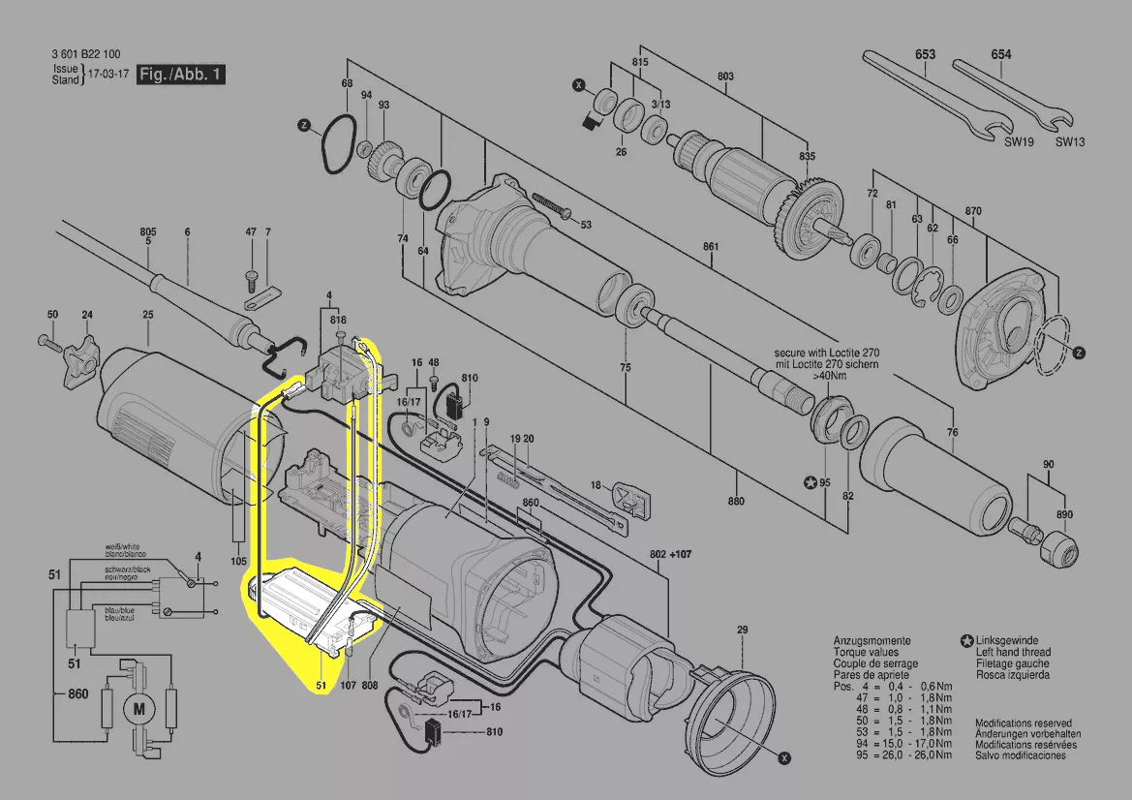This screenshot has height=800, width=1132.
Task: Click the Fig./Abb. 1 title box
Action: pyautogui.click(x=181, y=75)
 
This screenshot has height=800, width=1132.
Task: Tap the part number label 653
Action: pyautogui.click(x=925, y=55)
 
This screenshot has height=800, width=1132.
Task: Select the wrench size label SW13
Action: pyautogui.click(x=1069, y=141)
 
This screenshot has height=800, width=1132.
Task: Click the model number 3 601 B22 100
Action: pyautogui.click(x=86, y=55)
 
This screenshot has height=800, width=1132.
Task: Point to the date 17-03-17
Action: pyautogui.click(x=107, y=75)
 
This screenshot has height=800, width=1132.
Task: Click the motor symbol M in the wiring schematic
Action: pyautogui.click(x=138, y=710)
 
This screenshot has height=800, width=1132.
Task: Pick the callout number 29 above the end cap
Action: pyautogui.click(x=742, y=631)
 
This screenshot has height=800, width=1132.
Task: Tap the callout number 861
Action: pyautogui.click(x=712, y=246)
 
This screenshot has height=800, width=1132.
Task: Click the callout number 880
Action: pyautogui.click(x=736, y=501)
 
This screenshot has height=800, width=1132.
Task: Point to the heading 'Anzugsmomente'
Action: pyautogui.click(x=872, y=641)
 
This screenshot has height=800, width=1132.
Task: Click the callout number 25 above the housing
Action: pyautogui.click(x=147, y=315)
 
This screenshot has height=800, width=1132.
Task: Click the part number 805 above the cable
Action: pyautogui.click(x=147, y=231)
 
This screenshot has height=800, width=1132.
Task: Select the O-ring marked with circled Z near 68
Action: pyautogui.click(x=338, y=146)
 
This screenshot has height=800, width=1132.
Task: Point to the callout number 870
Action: pyautogui.click(x=973, y=211)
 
